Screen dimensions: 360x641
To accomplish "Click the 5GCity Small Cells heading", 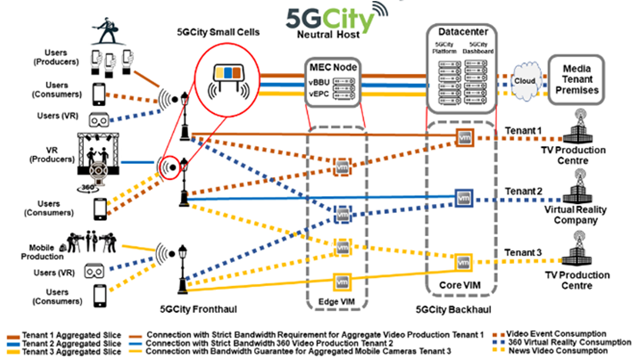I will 219,33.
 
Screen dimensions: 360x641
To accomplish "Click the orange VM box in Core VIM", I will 463,138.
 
